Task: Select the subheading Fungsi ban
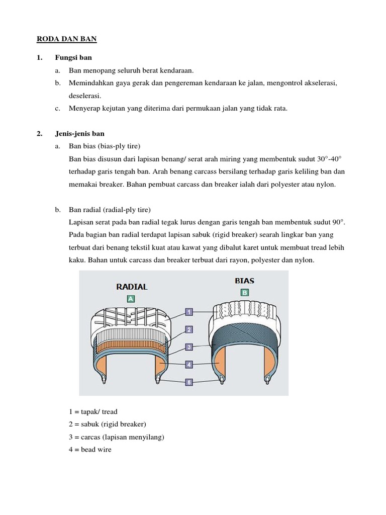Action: tap(73, 58)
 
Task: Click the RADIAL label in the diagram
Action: tap(132, 287)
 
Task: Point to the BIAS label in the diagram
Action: tap(244, 281)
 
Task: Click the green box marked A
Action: tap(131, 299)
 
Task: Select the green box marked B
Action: tap(245, 292)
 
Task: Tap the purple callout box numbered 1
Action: tap(189, 312)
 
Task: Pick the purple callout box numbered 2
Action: tap(189, 329)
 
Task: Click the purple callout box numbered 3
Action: tap(189, 347)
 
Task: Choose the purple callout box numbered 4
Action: tap(189, 364)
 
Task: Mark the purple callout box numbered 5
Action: tap(189, 382)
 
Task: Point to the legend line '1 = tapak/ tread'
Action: tap(93, 412)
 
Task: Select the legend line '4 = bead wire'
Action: tap(90, 450)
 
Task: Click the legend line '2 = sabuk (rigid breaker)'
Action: tap(107, 424)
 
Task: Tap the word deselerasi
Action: tap(85, 96)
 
